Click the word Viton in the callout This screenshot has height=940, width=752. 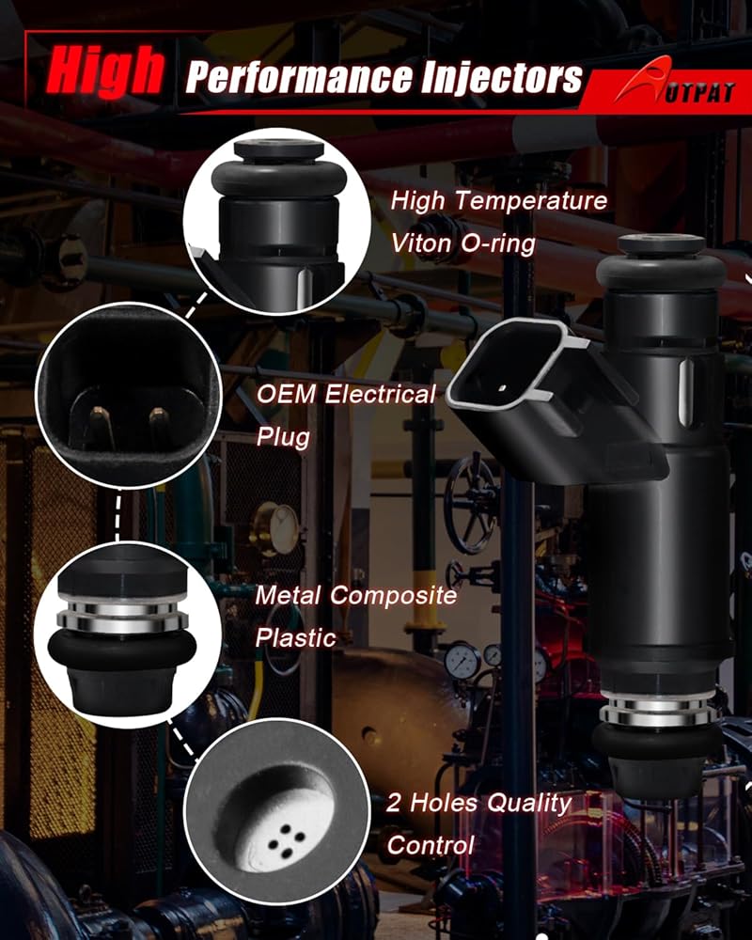pos(422,243)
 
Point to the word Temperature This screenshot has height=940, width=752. pos(531,201)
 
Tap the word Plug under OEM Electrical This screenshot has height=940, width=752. pos(282,438)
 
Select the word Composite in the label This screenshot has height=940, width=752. pos(394,596)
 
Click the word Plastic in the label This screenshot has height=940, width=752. pos(295,638)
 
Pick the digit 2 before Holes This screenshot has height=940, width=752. pos(394,803)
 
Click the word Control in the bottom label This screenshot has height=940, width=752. pos(430,845)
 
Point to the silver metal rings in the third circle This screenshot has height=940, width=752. pos(122,617)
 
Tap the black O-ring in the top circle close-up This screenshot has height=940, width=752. pos(279,180)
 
